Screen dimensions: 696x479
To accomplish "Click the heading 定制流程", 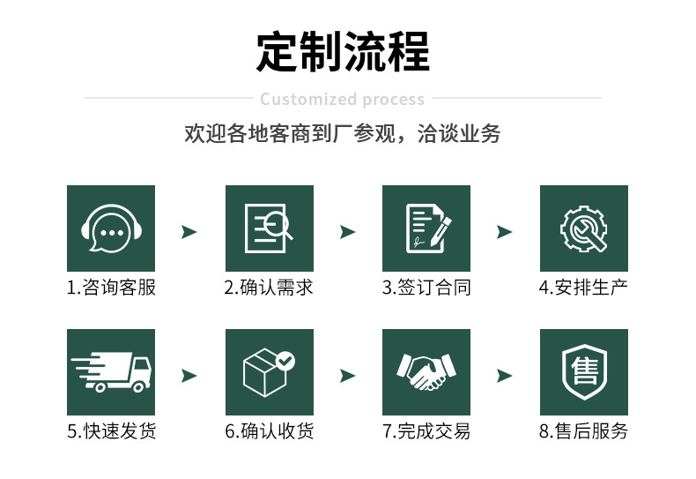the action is tap(343, 52).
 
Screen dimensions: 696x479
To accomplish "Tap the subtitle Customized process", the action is tap(343, 99).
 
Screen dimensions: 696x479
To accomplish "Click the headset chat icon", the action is tap(111, 228).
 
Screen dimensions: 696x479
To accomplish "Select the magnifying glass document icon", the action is tap(269, 228).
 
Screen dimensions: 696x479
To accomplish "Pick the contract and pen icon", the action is tap(426, 228).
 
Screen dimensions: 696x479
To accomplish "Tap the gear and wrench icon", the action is tap(583, 228).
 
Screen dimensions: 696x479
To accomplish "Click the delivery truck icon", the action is tap(111, 372).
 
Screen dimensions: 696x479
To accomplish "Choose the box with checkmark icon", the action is tap(269, 372).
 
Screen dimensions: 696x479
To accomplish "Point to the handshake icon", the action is tap(426, 372).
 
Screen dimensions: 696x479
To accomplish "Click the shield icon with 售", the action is tap(583, 372).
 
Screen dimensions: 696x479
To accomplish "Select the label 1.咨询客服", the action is tap(111, 288).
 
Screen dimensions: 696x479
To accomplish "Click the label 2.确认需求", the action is tap(269, 288).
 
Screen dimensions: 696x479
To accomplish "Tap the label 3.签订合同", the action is tap(426, 288).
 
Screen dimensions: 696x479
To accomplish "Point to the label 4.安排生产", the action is tap(583, 288).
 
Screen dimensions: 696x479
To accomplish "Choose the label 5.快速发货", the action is tap(111, 431).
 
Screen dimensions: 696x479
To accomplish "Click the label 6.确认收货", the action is tap(269, 431).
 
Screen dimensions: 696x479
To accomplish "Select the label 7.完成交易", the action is tap(426, 431).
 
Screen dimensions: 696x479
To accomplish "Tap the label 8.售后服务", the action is tap(583, 431).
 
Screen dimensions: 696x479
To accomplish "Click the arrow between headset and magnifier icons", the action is tap(189, 232).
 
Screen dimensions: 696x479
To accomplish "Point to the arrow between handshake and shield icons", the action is tap(504, 376).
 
